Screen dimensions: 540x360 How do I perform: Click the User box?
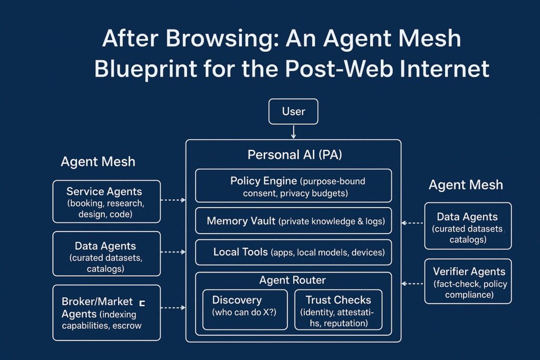pos(293,112)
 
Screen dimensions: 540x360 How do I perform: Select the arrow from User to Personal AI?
pos(293,132)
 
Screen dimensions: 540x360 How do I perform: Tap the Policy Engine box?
pos(293,186)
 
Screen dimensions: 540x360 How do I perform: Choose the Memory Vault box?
pos(293,221)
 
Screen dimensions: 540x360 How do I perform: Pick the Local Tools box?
pos(293,252)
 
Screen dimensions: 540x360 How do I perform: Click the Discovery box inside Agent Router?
pos(245,310)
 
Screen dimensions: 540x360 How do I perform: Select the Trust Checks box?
pos(338,310)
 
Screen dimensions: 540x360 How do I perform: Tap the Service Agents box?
pos(107,201)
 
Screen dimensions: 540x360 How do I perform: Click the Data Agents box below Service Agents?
pos(107,254)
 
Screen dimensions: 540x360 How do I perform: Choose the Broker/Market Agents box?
pos(107,313)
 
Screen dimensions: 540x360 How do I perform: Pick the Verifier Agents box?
pos(468,281)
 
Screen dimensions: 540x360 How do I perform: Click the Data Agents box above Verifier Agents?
pos(468,226)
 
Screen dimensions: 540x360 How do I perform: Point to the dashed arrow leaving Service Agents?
pos(173,200)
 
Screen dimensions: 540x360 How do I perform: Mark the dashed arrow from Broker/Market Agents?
pos(173,307)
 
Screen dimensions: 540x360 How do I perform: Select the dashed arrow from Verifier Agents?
pos(412,284)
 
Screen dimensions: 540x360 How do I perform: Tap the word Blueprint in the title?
pos(146,69)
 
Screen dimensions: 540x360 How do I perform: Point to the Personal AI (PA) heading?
pos(294,155)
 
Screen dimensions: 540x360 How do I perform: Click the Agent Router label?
pos(292,280)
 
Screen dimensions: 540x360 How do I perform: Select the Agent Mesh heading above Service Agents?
pos(98,161)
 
